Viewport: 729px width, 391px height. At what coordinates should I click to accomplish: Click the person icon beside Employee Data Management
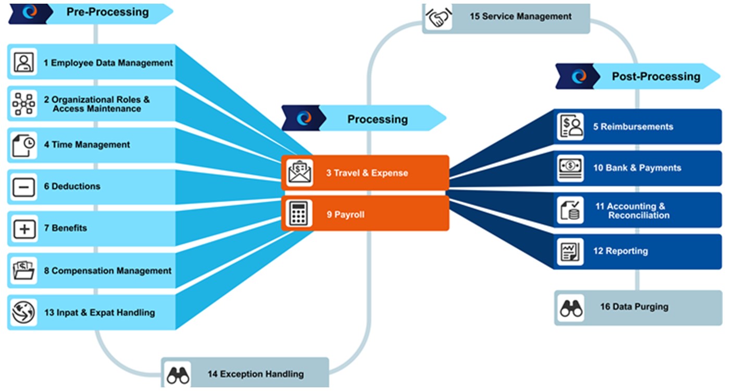point(23,62)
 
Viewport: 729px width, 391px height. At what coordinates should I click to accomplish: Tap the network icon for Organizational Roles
point(23,104)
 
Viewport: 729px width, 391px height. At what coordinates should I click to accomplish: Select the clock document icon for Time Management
point(23,145)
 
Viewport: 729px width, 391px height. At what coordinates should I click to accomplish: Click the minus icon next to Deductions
point(23,187)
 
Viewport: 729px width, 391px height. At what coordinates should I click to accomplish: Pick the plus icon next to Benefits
point(23,228)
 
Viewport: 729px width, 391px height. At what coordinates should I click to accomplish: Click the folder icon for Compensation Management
point(23,271)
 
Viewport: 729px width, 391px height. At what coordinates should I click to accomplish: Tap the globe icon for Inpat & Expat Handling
point(23,312)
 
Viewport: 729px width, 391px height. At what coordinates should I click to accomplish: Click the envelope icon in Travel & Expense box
point(299,173)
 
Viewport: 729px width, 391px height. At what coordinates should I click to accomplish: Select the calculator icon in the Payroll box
point(299,214)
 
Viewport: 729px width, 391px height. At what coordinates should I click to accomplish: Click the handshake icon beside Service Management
point(438,18)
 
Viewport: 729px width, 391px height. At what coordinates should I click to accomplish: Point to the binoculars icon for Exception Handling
point(178,374)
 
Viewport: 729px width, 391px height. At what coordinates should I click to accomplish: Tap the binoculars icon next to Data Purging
point(571,308)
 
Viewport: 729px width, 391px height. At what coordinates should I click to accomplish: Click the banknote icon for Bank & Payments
point(570,168)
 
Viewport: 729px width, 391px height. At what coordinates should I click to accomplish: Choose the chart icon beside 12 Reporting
point(570,251)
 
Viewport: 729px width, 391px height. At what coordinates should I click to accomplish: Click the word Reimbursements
point(636,127)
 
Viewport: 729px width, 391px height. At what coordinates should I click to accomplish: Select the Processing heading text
point(378,119)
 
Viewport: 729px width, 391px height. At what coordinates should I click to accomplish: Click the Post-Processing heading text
point(656,77)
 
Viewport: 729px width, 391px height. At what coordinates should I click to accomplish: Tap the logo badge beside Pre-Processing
point(30,13)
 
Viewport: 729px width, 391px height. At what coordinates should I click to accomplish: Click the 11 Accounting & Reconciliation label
point(632,211)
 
